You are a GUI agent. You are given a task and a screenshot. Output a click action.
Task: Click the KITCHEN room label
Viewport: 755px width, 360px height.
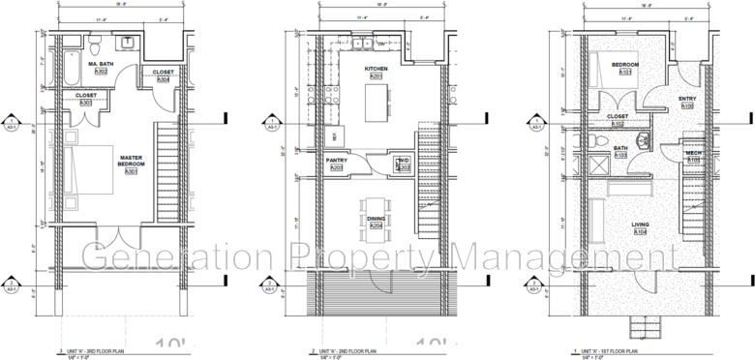click(377, 70)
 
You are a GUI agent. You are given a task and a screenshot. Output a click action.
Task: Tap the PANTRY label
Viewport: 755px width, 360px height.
click(337, 160)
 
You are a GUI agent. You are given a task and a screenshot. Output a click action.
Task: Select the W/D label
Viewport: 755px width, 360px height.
click(404, 160)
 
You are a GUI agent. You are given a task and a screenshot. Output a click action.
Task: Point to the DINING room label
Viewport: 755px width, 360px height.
click(376, 220)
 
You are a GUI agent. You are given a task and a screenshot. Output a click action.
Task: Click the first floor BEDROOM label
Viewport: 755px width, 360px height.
click(620, 63)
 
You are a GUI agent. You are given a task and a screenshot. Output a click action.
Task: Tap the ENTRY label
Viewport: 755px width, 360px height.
click(687, 98)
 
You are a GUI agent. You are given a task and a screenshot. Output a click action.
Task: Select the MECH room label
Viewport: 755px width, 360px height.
click(693, 152)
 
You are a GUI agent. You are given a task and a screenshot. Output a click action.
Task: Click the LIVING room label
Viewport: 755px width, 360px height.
click(639, 225)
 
